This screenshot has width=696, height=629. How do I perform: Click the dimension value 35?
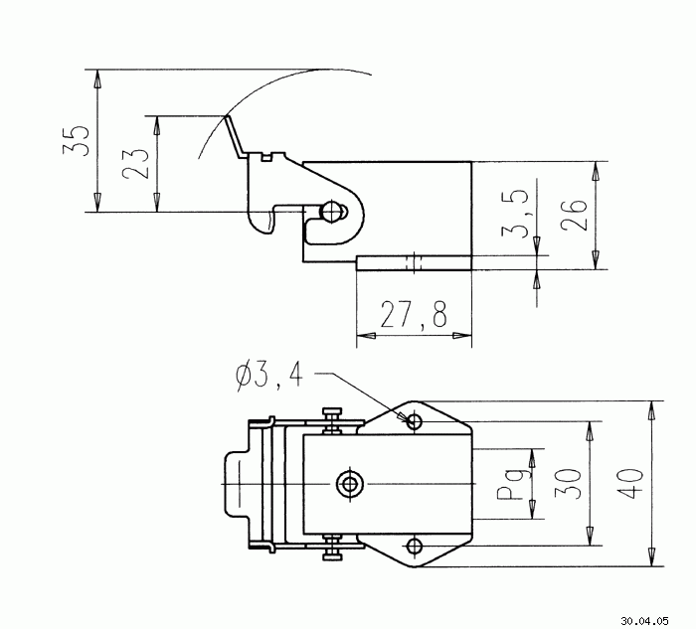[x=76, y=140]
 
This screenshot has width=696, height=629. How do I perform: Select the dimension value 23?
[x=135, y=164]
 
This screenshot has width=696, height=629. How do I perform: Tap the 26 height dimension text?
[x=574, y=215]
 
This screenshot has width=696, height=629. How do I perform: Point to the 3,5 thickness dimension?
[x=515, y=214]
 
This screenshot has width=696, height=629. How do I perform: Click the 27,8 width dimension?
[x=414, y=314]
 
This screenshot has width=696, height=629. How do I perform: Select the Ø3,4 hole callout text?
[x=269, y=377]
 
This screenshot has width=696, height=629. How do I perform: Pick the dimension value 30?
[x=568, y=484]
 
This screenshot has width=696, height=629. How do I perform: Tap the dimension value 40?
[x=630, y=484]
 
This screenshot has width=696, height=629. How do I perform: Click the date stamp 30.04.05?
[x=644, y=621]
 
